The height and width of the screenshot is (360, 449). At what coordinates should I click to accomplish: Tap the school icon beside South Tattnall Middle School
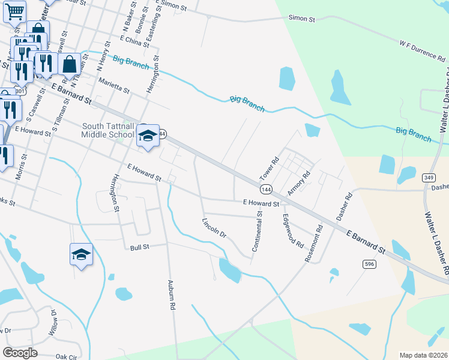coord(148,136)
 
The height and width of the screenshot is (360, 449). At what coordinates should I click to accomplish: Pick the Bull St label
coord(139,247)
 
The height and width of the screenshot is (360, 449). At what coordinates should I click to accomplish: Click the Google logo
coord(20,353)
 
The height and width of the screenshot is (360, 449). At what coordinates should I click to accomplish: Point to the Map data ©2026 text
coord(423,355)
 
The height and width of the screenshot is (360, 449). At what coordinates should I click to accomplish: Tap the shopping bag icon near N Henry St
coord(70,64)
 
